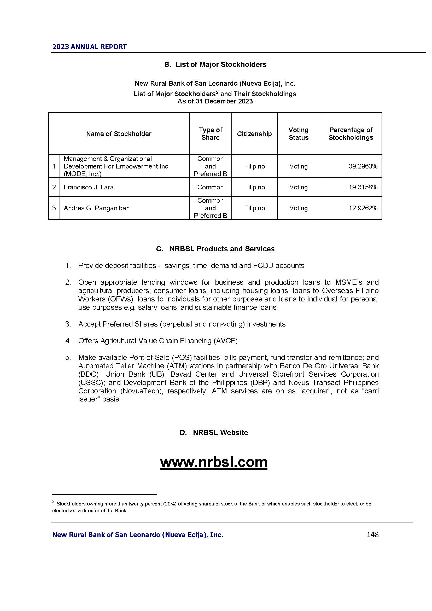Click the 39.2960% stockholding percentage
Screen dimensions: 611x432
coord(363,166)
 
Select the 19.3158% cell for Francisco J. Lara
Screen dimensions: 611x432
coord(363,187)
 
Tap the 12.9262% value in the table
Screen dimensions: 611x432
coord(363,208)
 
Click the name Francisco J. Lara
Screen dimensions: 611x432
coord(89,187)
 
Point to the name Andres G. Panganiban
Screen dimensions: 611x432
coord(97,208)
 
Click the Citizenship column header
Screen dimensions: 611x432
coord(254,134)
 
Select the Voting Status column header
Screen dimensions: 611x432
coord(299,134)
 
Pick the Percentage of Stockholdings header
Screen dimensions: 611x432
coord(351,134)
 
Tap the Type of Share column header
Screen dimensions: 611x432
coord(211,134)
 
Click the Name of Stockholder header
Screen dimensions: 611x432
coord(119,134)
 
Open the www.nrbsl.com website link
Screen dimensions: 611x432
coord(214,462)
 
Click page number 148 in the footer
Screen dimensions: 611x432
coord(372,534)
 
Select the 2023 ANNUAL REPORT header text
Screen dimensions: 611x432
coord(89,47)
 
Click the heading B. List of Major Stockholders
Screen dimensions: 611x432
coord(215,65)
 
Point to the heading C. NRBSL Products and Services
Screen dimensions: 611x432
coord(215,249)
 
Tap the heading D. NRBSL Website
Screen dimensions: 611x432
coord(214,433)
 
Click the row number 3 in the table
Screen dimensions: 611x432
coord(54,208)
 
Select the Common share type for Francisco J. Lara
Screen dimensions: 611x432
coord(211,187)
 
